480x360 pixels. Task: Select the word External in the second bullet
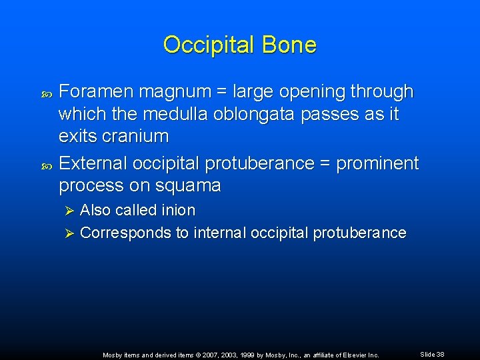point(93,163)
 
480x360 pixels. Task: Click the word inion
point(178,210)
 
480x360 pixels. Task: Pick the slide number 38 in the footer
point(440,355)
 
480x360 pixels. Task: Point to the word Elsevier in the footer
point(355,355)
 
